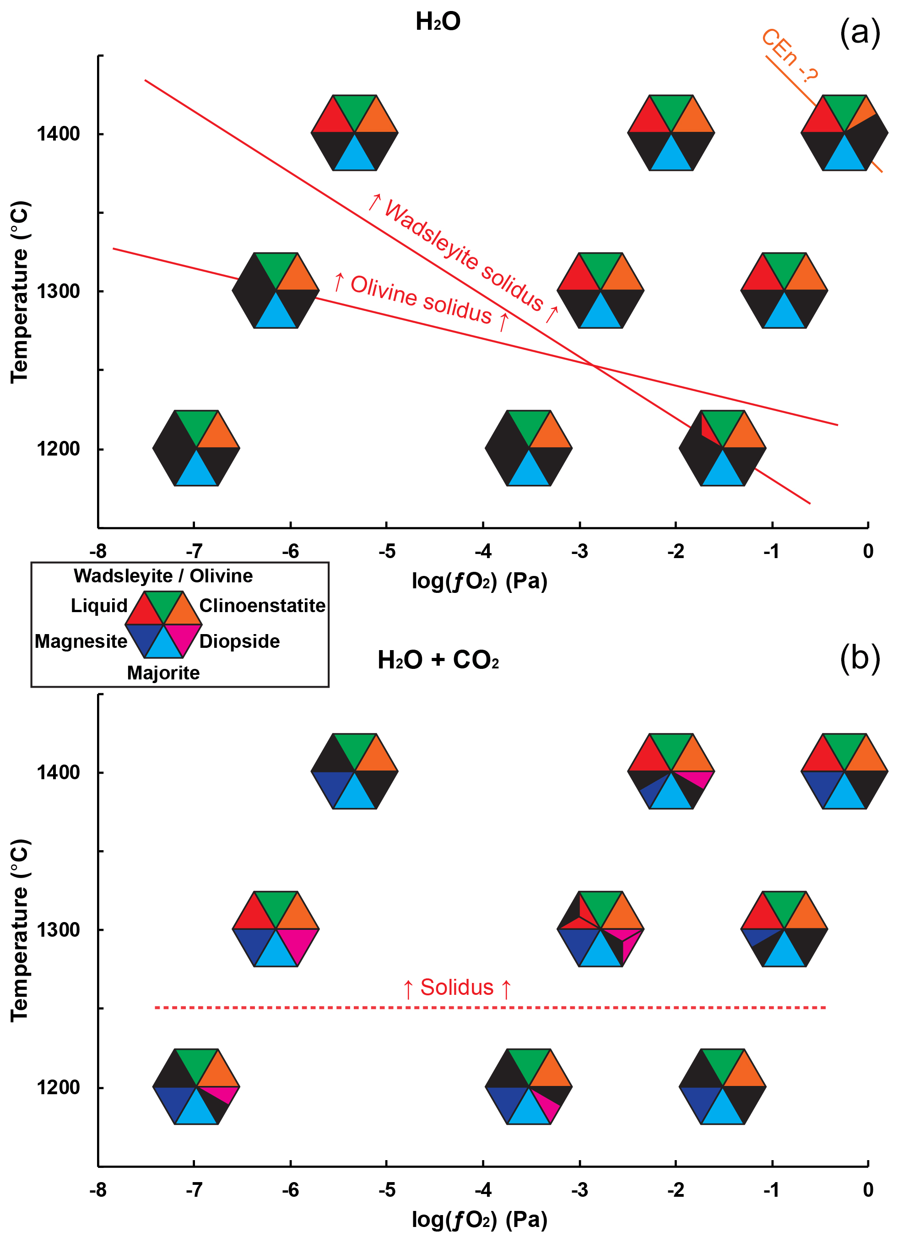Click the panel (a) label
pyautogui.click(x=859, y=33)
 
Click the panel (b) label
pyautogui.click(x=859, y=658)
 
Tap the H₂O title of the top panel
pyautogui.click(x=438, y=22)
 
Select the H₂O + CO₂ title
pyautogui.click(x=438, y=660)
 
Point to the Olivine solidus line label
pyautogui.click(x=421, y=300)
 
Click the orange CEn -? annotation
pyautogui.click(x=790, y=55)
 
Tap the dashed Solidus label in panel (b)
pyautogui.click(x=456, y=988)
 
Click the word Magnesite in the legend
pyautogui.click(x=81, y=641)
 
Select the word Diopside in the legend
pyautogui.click(x=239, y=641)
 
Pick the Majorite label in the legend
pyautogui.click(x=163, y=673)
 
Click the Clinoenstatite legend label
pyautogui.click(x=262, y=606)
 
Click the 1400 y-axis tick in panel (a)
pyautogui.click(x=58, y=134)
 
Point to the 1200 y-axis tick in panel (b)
pyautogui.click(x=58, y=1087)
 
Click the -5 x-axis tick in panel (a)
pyautogui.click(x=386, y=551)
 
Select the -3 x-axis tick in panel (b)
pyautogui.click(x=579, y=1190)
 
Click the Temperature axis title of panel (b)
pyautogui.click(x=19, y=930)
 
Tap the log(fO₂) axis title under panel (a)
pyautogui.click(x=479, y=581)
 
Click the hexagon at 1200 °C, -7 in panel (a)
pyautogui.click(x=196, y=448)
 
